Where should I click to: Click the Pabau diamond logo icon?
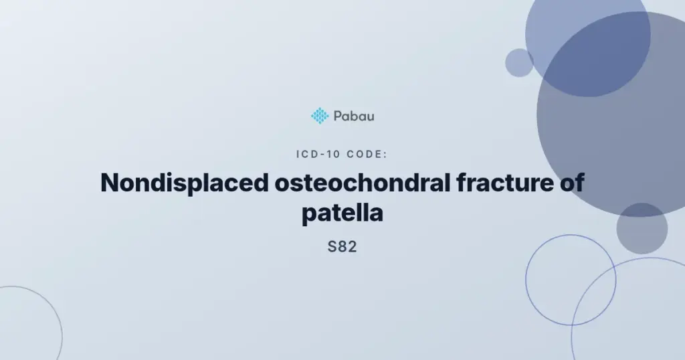coord(320,116)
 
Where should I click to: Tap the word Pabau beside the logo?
coord(354,116)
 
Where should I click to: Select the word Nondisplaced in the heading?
coord(184,183)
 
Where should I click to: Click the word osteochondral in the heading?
coord(362,183)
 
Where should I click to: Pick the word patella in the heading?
coord(342,214)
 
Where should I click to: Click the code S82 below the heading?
coord(342,247)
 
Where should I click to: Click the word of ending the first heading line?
coord(572,183)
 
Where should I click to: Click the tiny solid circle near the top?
coord(519,63)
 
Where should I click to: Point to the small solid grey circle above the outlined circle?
coord(642,228)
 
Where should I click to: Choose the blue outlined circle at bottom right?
coord(526,280)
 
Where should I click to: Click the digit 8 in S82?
coord(342,247)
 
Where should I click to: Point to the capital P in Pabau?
coord(338,116)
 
